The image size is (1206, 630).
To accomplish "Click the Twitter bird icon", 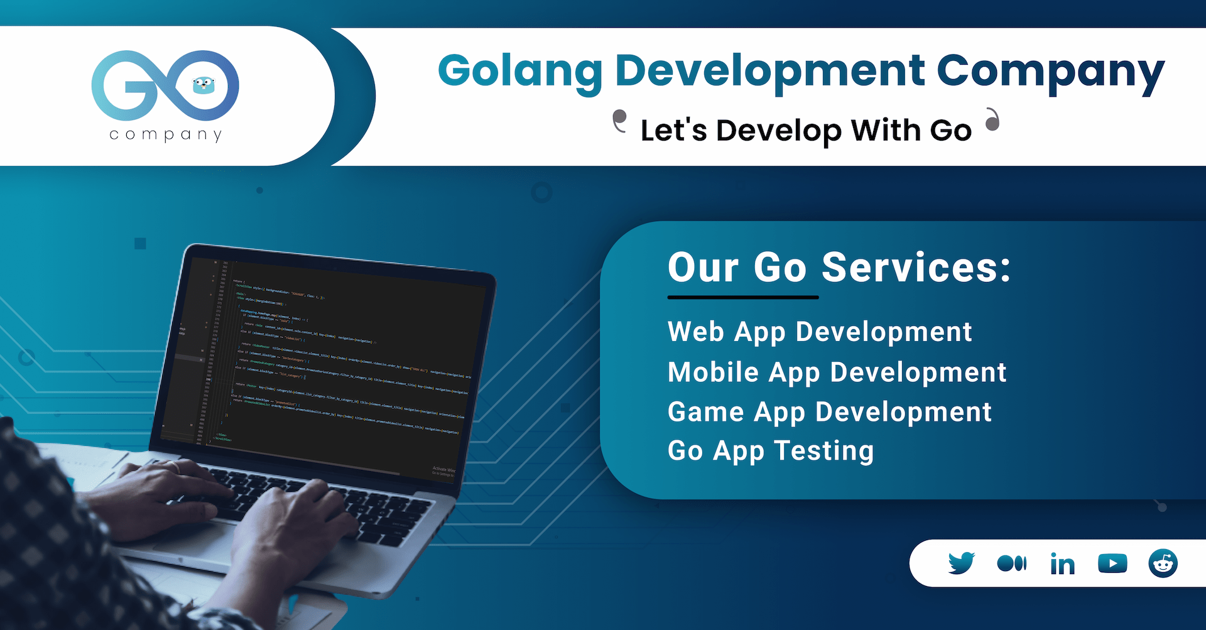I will (x=961, y=563).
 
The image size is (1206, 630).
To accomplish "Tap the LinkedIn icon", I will (x=1062, y=564).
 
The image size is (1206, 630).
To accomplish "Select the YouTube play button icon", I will (x=1112, y=563).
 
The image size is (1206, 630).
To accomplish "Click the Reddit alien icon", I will (x=1163, y=563).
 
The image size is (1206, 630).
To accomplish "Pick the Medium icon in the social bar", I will (x=1011, y=563).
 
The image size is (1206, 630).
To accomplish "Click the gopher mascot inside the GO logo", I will (x=203, y=85).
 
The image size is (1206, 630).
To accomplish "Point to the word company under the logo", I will (x=166, y=134).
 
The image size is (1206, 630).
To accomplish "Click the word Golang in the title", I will (x=520, y=71).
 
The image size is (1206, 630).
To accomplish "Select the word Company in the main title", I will (x=1050, y=71).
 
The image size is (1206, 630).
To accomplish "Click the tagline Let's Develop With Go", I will (x=806, y=131).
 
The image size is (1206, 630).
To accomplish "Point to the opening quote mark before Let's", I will (x=620, y=121).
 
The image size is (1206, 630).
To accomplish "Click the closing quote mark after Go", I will (x=992, y=119).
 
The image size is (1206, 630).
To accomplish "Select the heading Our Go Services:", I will (x=839, y=268).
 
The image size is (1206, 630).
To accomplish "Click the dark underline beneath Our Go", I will (x=743, y=297).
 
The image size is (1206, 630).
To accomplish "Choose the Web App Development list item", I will (x=820, y=332).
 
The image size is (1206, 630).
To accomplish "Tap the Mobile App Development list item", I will (x=837, y=372).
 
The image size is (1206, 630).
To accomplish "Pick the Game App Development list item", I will (x=829, y=413).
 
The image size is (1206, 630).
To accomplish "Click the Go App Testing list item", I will (x=771, y=451).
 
